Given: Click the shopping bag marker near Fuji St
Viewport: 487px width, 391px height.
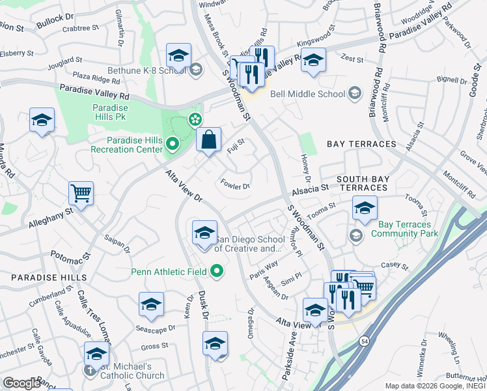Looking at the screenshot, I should [x=208, y=139].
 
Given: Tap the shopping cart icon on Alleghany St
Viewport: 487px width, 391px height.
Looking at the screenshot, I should [x=81, y=193].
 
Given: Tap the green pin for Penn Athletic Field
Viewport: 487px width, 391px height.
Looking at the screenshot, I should [x=217, y=271].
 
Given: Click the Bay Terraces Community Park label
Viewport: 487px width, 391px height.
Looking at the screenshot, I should [x=404, y=228].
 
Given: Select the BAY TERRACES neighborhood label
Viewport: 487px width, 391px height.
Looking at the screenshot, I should [x=361, y=143].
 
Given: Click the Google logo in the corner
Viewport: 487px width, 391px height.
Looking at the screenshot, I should [x=21, y=383].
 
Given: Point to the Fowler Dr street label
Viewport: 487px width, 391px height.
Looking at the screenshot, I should [x=236, y=184].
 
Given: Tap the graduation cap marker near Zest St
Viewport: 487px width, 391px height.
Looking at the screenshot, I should [x=313, y=61].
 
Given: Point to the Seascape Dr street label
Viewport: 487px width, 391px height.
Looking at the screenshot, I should [x=154, y=328].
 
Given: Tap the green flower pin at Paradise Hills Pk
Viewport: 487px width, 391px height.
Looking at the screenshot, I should [x=194, y=119].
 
